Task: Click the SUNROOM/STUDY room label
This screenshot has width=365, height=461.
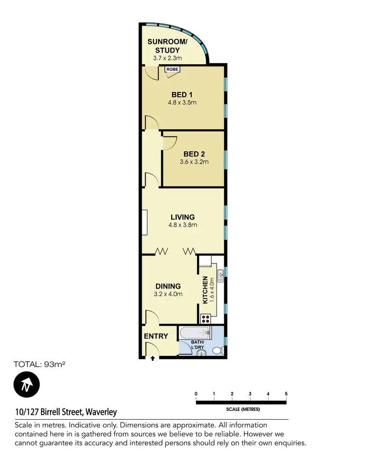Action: [164, 46]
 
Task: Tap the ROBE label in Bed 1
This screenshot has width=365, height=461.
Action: [172, 70]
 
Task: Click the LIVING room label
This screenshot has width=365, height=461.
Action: [182, 217]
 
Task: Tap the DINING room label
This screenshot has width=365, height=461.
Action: [168, 286]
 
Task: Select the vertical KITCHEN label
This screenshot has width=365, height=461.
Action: [205, 290]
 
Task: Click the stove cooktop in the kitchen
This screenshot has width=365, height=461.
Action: [205, 319]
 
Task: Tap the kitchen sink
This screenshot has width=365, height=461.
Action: [220, 276]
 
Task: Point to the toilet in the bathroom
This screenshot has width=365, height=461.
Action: [218, 350]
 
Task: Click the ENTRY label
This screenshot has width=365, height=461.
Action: [156, 336]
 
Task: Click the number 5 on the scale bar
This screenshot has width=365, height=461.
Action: [286, 393]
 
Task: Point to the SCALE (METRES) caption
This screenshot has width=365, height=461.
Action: [241, 410]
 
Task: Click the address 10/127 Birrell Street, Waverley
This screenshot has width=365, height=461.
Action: [66, 412]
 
